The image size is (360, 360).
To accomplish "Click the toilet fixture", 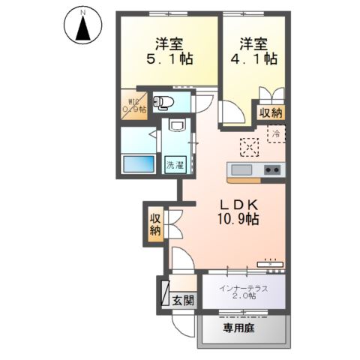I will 166,103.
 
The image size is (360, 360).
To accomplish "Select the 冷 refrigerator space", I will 275,135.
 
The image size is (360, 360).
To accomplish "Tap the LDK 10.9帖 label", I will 239,211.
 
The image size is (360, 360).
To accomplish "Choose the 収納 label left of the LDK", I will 155,224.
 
